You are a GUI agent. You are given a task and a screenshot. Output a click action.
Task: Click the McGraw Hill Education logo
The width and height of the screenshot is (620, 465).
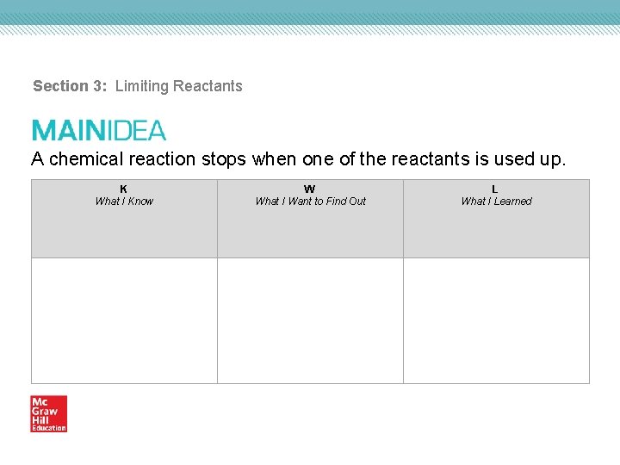[48, 413]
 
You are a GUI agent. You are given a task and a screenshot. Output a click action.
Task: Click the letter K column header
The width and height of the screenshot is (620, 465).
[124, 189]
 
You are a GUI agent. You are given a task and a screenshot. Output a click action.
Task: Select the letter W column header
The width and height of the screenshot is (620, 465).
[310, 189]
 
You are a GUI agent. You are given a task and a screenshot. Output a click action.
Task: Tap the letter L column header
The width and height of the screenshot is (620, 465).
[495, 189]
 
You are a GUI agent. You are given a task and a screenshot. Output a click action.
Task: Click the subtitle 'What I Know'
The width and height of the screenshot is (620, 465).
[124, 201]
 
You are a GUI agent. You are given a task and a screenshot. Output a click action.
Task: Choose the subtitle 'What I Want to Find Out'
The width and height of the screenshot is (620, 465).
[310, 201]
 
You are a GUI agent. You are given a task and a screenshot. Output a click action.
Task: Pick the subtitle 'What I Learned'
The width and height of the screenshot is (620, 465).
[496, 201]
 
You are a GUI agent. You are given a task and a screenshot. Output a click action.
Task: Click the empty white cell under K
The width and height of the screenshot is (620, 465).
[124, 320]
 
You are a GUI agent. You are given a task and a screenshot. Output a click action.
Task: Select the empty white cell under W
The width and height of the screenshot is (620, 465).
[310, 320]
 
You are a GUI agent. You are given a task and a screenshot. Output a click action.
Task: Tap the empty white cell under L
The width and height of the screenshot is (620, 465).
[496, 320]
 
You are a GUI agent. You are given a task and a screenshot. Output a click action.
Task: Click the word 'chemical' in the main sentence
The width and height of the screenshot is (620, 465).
[87, 159]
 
